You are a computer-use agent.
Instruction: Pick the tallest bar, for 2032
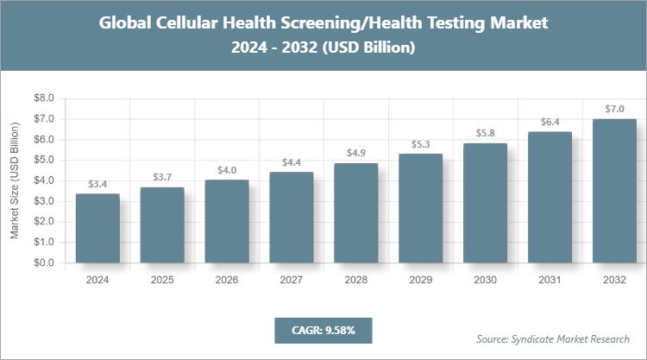[614, 191]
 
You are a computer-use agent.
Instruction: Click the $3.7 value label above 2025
[161, 177]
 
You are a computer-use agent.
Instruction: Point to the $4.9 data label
[355, 153]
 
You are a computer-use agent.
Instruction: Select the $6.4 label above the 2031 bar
[550, 122]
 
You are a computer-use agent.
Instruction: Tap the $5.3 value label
[420, 144]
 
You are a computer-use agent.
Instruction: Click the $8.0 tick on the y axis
[43, 98]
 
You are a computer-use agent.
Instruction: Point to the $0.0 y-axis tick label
[43, 263]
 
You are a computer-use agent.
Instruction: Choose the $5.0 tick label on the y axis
[43, 161]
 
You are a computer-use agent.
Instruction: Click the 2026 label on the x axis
[226, 281]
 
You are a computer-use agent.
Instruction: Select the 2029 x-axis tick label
[420, 281]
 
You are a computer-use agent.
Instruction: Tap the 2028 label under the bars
[355, 281]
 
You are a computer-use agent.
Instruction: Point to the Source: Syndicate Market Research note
[553, 338]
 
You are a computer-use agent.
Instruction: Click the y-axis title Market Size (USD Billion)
[15, 181]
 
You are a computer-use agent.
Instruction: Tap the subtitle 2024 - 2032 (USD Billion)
[323, 48]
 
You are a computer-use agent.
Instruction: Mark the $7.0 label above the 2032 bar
[614, 109]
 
